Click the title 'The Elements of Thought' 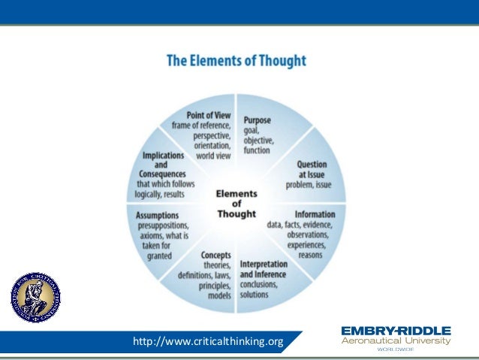pyautogui.click(x=236, y=59)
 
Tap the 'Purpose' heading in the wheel pyautogui.click(x=257, y=119)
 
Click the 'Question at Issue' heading pyautogui.click(x=311, y=168)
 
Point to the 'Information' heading pyautogui.click(x=315, y=214)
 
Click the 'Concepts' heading pyautogui.click(x=215, y=255)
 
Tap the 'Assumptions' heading pyautogui.click(x=158, y=214)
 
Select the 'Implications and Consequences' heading pyautogui.click(x=165, y=165)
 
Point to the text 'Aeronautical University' pyautogui.click(x=396, y=341)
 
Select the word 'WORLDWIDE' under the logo pyautogui.click(x=396, y=349)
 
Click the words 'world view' pyautogui.click(x=214, y=156)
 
